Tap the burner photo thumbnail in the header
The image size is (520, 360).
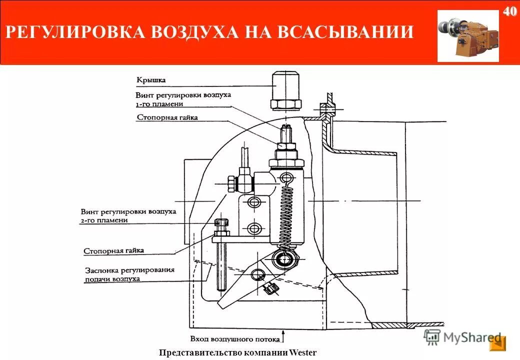468,36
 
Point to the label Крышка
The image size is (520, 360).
150,79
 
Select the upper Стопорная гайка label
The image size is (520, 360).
167,117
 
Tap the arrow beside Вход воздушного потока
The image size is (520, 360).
284,334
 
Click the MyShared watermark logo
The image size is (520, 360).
462,337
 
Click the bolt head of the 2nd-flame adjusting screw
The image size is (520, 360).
221,223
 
